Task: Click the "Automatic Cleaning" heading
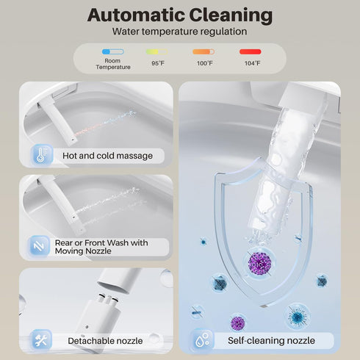pyautogui.click(x=180, y=15)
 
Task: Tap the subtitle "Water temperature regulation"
pyautogui.click(x=179, y=32)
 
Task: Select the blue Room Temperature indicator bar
pyautogui.click(x=113, y=51)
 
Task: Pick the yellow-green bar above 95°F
pyautogui.click(x=157, y=51)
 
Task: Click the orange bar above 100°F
pyautogui.click(x=204, y=51)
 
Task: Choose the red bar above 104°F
pyautogui.click(x=251, y=51)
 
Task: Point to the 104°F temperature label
pyautogui.click(x=252, y=63)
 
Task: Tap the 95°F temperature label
pyautogui.click(x=158, y=63)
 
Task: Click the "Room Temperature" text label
pyautogui.click(x=113, y=64)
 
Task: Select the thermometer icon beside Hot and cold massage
pyautogui.click(x=42, y=155)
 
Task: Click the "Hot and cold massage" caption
pyautogui.click(x=107, y=156)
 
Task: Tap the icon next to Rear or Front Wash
pyautogui.click(x=39, y=246)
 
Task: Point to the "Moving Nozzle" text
pyautogui.click(x=83, y=251)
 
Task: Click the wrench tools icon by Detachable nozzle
pyautogui.click(x=41, y=340)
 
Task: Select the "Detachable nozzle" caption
pyautogui.click(x=105, y=341)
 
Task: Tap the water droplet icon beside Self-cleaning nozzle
pyautogui.click(x=202, y=340)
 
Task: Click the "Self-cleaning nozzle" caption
pyautogui.click(x=271, y=340)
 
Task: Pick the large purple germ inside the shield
pyautogui.click(x=259, y=264)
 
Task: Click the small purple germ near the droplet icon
pyautogui.click(x=237, y=323)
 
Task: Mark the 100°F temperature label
pyautogui.click(x=205, y=63)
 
